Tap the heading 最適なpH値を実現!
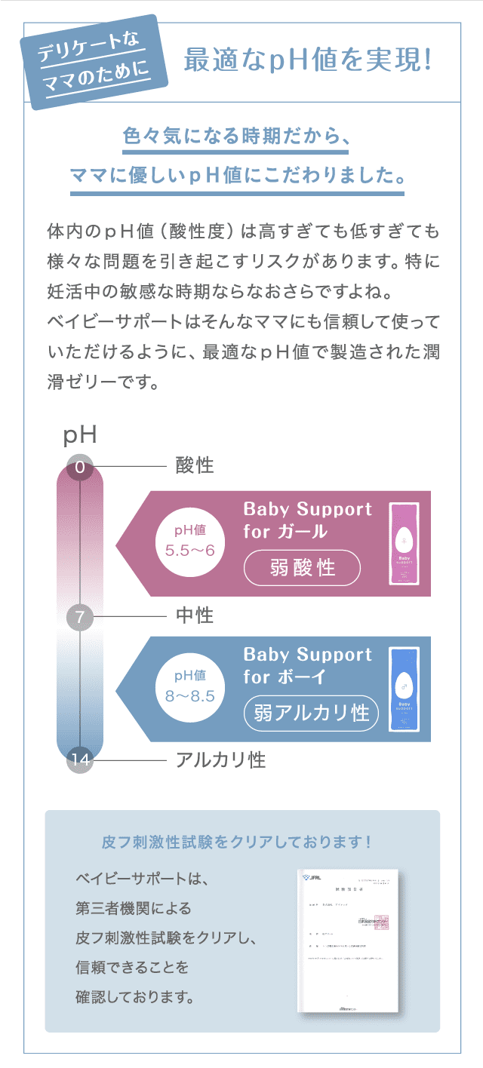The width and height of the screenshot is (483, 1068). tap(308, 61)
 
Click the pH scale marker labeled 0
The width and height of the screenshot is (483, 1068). tap(79, 468)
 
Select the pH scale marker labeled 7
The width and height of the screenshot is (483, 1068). tap(79, 618)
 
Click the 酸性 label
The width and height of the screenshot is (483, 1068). tap(195, 465)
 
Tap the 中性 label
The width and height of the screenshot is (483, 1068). tap(195, 616)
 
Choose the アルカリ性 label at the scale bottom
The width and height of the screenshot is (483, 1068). tap(220, 760)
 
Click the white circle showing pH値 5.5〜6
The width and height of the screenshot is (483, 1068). tap(190, 542)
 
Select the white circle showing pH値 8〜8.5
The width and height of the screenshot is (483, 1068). tap(190, 687)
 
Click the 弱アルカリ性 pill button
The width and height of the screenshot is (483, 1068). tap(311, 713)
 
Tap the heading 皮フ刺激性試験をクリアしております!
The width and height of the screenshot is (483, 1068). tap(236, 841)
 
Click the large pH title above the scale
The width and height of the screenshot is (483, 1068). tap(79, 435)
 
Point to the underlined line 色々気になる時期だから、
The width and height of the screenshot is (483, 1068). tap(236, 140)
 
